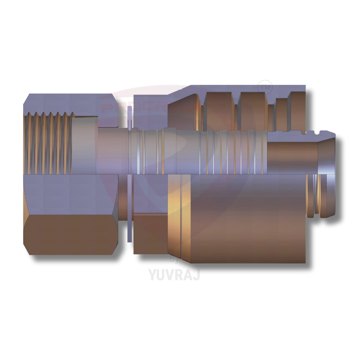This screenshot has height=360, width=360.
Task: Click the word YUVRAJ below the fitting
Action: click(x=174, y=274)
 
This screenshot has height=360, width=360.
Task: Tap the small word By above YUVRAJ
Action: click(x=174, y=260)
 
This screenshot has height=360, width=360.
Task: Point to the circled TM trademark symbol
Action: click(x=266, y=87)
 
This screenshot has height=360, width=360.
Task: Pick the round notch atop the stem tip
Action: click(x=317, y=134)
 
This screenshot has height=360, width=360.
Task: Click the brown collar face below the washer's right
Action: click(x=150, y=234)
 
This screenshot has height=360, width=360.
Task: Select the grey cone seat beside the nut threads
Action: click(x=85, y=144)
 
